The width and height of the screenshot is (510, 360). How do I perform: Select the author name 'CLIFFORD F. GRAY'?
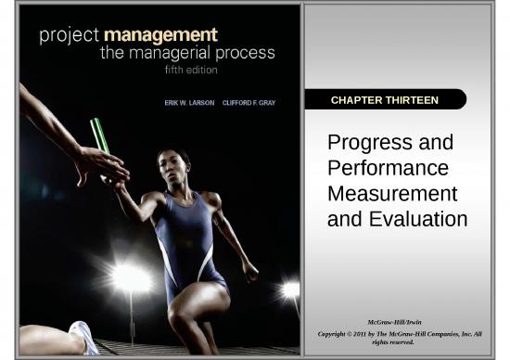[x=250, y=102]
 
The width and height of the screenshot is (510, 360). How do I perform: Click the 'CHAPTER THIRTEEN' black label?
[x=384, y=99]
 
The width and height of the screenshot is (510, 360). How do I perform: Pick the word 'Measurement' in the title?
[x=392, y=194]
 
